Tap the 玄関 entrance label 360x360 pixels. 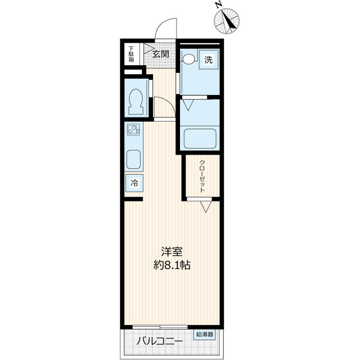160,55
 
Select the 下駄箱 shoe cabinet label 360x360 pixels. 131,54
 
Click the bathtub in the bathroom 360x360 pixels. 200,138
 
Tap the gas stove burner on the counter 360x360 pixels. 134,131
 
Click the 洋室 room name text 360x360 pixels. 172,251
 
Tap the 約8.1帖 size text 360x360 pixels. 172,265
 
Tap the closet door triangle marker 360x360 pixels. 205,206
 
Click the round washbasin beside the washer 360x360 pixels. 189,58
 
